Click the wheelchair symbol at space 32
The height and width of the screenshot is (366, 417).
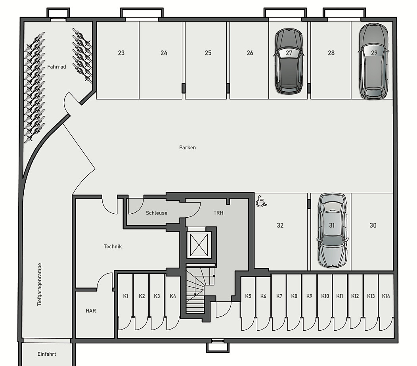(261, 201)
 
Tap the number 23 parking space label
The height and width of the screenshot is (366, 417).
(121, 53)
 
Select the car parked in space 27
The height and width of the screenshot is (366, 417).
(289, 61)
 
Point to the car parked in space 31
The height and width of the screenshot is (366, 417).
(332, 230)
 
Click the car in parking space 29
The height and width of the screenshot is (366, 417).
(374, 61)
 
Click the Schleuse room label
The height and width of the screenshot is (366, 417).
(156, 213)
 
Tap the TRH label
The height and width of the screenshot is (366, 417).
(218, 213)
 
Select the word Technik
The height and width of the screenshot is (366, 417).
(113, 247)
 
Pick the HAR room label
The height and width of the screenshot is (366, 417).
(91, 310)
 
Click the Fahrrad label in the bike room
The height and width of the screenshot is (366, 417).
(57, 67)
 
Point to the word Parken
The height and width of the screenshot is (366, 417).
(187, 148)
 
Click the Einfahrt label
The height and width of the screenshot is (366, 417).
(47, 354)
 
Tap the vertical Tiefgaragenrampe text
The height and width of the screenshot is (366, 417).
(40, 285)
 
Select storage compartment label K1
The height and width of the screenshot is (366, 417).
(126, 296)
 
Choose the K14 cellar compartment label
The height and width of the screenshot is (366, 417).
(386, 296)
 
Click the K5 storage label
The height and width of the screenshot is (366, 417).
(248, 296)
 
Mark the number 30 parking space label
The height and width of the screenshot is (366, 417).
(373, 225)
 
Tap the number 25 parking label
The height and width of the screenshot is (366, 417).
(208, 53)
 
